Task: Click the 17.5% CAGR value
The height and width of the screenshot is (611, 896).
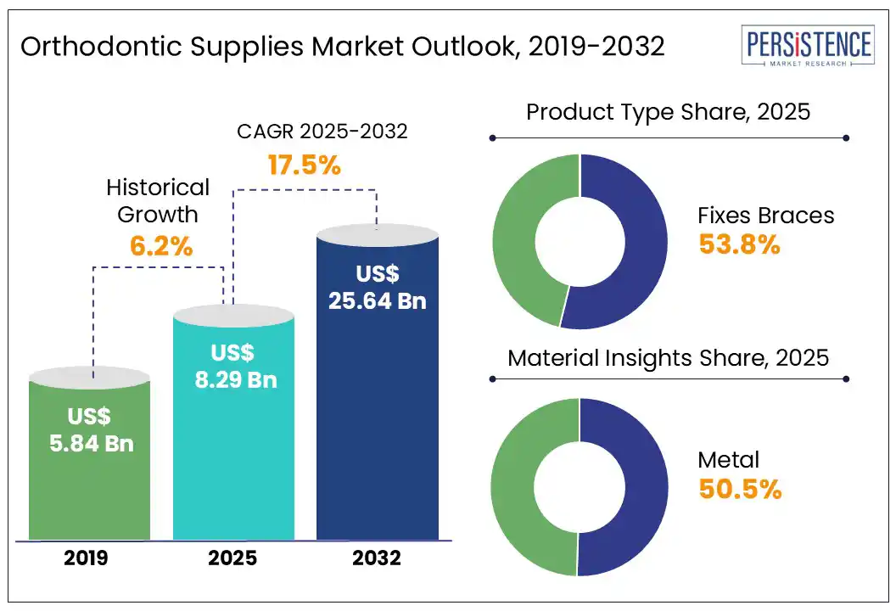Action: tap(304, 165)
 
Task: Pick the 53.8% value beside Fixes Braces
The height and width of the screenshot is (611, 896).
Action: tap(738, 244)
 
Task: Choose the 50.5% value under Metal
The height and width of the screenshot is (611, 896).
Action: tap(738, 490)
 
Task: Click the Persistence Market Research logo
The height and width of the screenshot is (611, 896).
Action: tap(807, 48)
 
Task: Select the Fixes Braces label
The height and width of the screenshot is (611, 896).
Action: tap(765, 216)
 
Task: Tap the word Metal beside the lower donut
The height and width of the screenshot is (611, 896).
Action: tap(728, 460)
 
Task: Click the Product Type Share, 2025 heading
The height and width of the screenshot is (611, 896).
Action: tap(669, 112)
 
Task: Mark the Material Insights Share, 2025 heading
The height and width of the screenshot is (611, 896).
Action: tap(669, 357)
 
